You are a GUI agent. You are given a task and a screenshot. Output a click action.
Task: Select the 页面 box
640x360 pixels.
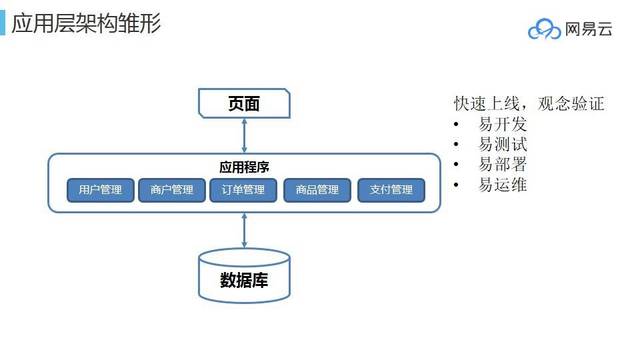point(244,103)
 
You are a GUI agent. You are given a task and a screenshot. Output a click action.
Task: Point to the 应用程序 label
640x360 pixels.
point(244,167)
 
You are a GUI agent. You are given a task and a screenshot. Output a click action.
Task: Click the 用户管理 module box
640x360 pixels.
point(100,190)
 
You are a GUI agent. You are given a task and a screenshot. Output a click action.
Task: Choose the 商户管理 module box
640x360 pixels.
point(172,190)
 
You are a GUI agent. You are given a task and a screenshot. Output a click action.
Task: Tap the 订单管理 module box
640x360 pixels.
point(244,190)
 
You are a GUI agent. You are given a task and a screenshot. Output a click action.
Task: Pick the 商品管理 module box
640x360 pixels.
point(317,190)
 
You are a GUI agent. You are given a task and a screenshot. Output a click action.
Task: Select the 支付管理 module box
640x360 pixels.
point(391,190)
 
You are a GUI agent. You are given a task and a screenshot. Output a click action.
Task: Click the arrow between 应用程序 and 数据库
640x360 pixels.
point(244,231)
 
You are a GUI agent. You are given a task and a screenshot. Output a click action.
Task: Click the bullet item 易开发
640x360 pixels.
point(502,125)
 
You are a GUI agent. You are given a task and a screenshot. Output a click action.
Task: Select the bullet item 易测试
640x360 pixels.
point(502,145)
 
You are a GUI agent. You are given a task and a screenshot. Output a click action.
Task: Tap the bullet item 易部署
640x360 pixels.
point(502,165)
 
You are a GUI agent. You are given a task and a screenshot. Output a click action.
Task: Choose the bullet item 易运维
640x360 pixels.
point(502,185)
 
